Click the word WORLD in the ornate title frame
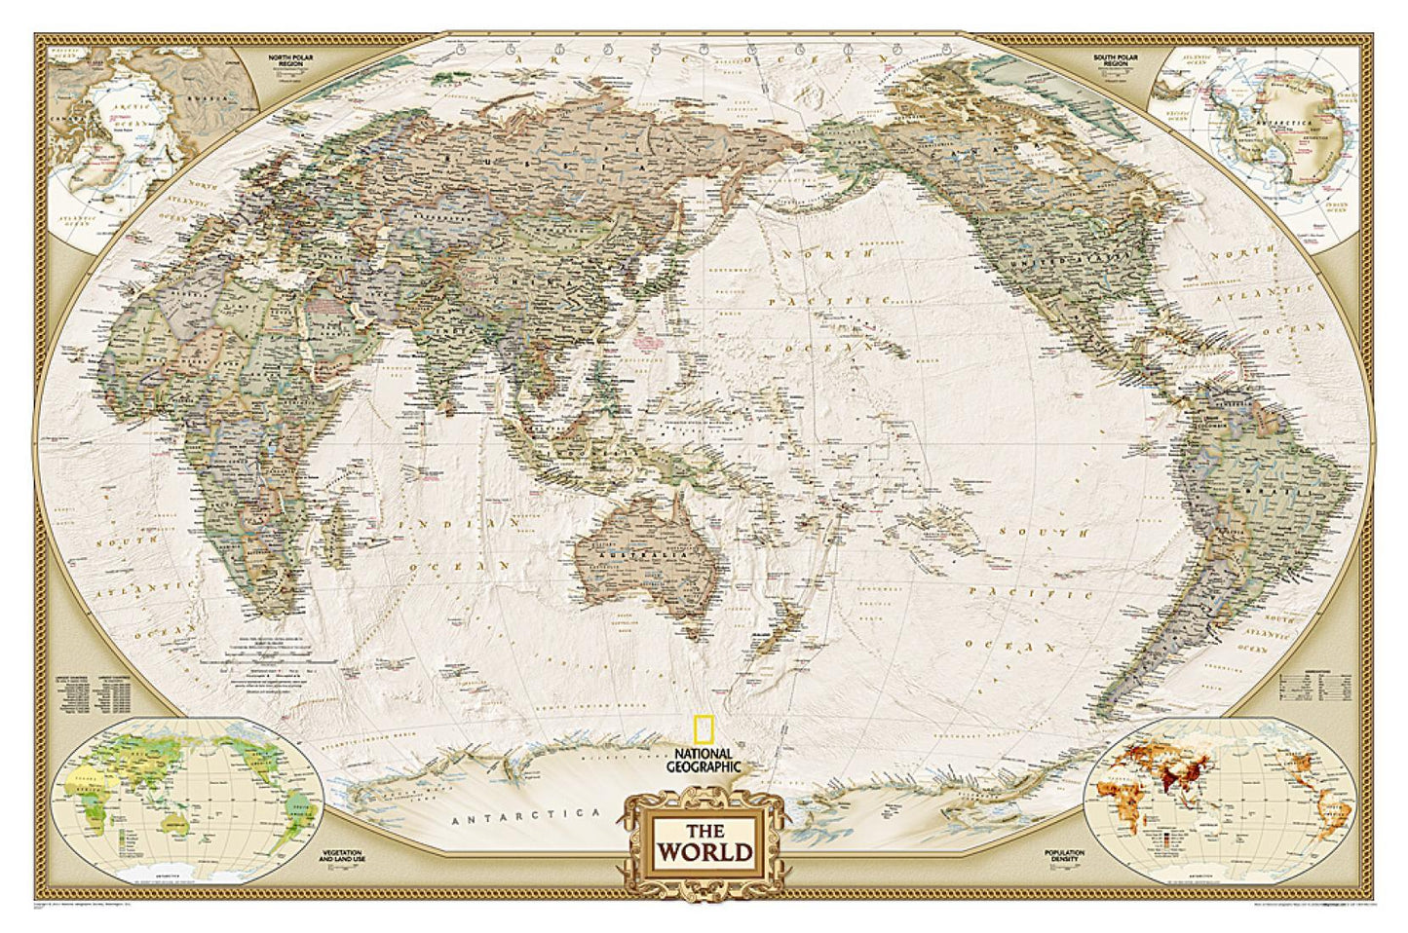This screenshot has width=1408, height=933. (705, 853)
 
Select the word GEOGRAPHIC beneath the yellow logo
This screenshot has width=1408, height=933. (704, 766)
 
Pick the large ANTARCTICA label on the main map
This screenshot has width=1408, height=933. (530, 814)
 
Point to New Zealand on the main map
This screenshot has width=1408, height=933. (780, 623)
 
